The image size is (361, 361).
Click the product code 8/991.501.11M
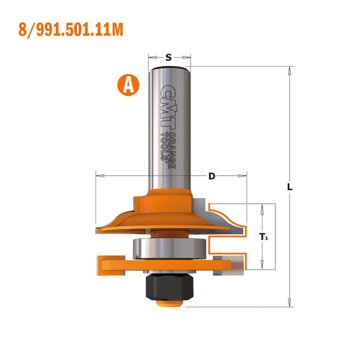pos(71,30)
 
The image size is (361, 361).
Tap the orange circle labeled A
pos(128,84)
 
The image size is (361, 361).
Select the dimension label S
pos(169,58)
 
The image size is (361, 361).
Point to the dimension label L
pos(290,187)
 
